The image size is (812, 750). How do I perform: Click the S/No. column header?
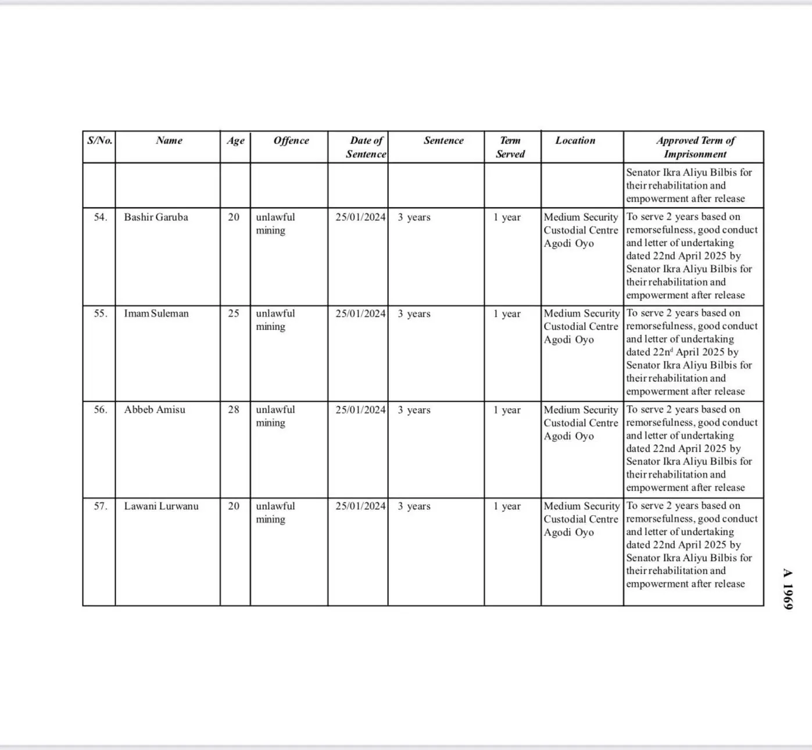[99, 141]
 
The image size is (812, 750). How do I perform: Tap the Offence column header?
[291, 141]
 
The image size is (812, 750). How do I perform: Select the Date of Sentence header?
[366, 147]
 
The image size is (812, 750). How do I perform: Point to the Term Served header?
[510, 147]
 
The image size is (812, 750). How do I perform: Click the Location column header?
[575, 141]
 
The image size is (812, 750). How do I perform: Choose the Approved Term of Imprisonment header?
[695, 147]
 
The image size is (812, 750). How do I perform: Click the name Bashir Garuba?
[156, 217]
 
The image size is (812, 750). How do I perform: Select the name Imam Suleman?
[156, 314]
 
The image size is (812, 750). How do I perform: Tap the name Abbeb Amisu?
[155, 410]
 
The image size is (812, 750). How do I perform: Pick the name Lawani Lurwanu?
[161, 506]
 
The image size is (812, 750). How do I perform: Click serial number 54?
[101, 217]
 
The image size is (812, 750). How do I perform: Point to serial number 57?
[101, 506]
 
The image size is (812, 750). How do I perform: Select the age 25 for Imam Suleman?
[234, 314]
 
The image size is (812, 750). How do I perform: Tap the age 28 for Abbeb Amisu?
[234, 410]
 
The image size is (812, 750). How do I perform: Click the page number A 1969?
[788, 588]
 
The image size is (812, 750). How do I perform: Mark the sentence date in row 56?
[360, 410]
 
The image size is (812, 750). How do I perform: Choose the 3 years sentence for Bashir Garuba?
[414, 217]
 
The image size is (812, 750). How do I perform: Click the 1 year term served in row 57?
[507, 506]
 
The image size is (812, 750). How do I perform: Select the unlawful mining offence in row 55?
[276, 320]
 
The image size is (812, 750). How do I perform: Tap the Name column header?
[169, 141]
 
